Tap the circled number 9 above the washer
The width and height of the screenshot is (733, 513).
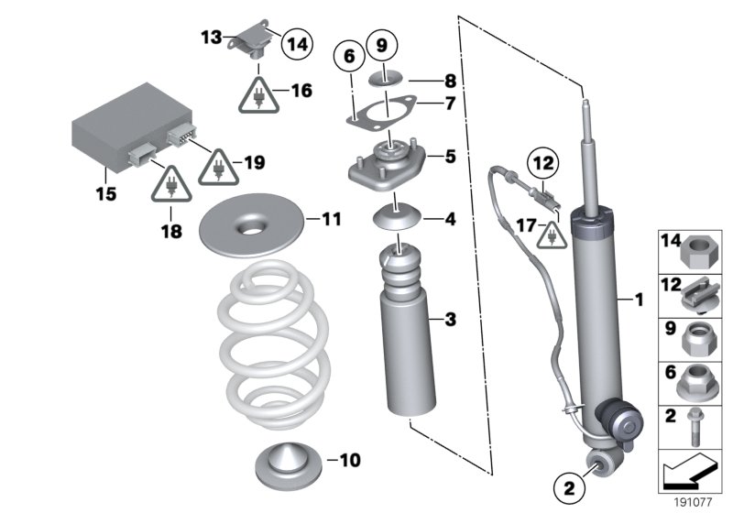point(382,43)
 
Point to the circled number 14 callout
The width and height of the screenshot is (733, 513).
point(296,41)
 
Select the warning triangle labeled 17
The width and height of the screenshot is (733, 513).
point(552,235)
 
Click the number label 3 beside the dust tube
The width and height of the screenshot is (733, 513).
point(449,319)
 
